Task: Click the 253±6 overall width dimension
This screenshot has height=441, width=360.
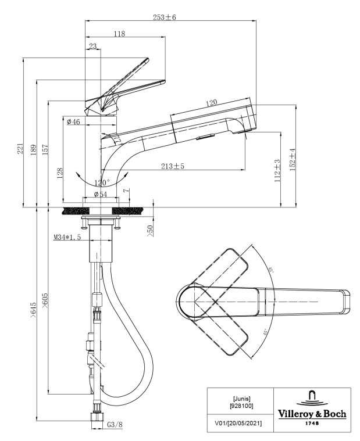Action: [165, 17]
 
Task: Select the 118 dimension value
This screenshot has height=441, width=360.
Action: [119, 34]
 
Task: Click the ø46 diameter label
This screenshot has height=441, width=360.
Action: [73, 121]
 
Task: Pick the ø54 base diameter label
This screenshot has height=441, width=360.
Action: [101, 194]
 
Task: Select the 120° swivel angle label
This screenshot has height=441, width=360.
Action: [101, 182]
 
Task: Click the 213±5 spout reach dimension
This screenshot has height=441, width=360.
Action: [173, 167]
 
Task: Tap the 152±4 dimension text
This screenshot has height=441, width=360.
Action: [294, 157]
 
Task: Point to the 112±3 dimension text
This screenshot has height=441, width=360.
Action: [278, 169]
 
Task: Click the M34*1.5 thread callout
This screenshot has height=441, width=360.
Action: [67, 237]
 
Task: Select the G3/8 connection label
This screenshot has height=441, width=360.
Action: [115, 425]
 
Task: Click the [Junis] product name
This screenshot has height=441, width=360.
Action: [241, 399]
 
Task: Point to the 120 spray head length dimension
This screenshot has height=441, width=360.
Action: [211, 103]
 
